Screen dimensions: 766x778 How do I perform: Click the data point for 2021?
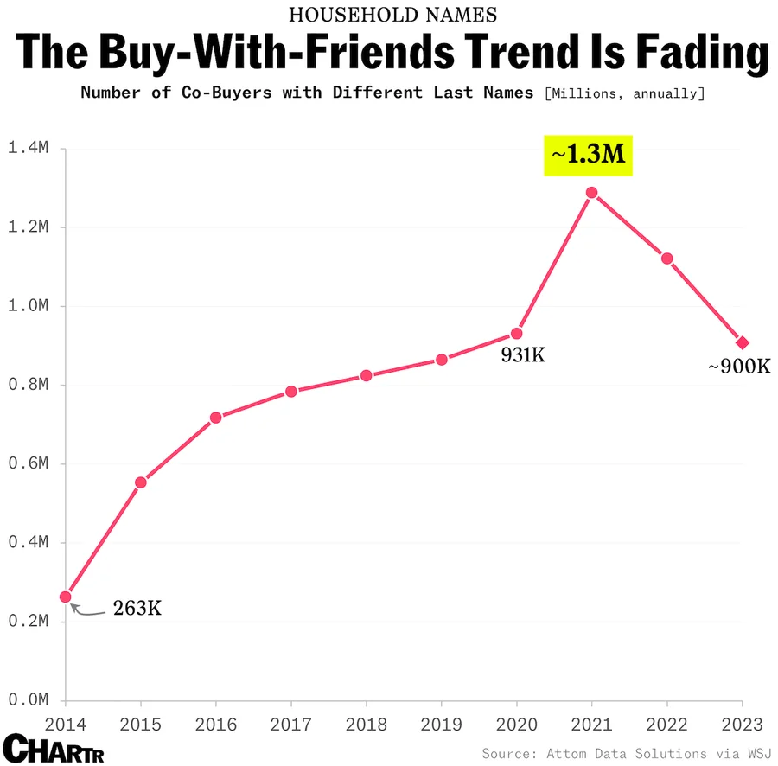(x=591, y=193)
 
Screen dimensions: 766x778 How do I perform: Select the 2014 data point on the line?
(x=66, y=597)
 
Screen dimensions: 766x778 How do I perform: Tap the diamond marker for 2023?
(x=742, y=342)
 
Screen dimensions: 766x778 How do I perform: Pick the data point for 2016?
(x=216, y=418)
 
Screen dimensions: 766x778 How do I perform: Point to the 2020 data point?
(x=516, y=333)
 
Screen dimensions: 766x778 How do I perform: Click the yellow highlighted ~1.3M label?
(x=588, y=155)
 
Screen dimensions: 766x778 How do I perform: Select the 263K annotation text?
(x=137, y=609)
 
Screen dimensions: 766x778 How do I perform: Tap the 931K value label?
(x=523, y=354)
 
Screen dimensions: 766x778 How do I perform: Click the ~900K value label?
(x=738, y=367)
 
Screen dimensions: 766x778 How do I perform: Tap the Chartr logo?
(x=54, y=748)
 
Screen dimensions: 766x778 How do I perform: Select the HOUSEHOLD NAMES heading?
(x=392, y=15)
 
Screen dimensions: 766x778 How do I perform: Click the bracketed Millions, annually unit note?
(x=624, y=93)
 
